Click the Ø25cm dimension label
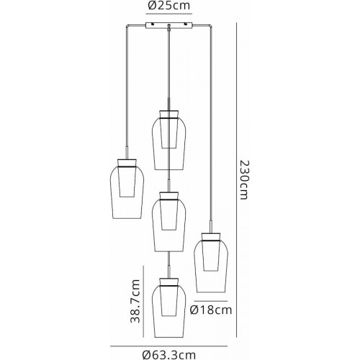[168, 6]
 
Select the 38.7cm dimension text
[135, 301]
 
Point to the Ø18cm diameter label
[211, 310]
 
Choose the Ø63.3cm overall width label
[168, 354]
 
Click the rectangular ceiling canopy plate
[169, 26]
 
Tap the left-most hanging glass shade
[127, 189]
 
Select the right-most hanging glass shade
[211, 263]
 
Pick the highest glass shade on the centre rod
[169, 140]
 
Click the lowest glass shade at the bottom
[169, 308]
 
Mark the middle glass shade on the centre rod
[169, 222]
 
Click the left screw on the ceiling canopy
[153, 24]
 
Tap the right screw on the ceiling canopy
[186, 24]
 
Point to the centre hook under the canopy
[169, 27]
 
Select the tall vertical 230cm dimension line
[237, 180]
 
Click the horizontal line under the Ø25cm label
[169, 14]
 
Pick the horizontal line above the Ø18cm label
[211, 301]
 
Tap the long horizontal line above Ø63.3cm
[168, 346]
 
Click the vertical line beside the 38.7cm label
[143, 301]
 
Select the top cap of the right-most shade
[211, 236]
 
